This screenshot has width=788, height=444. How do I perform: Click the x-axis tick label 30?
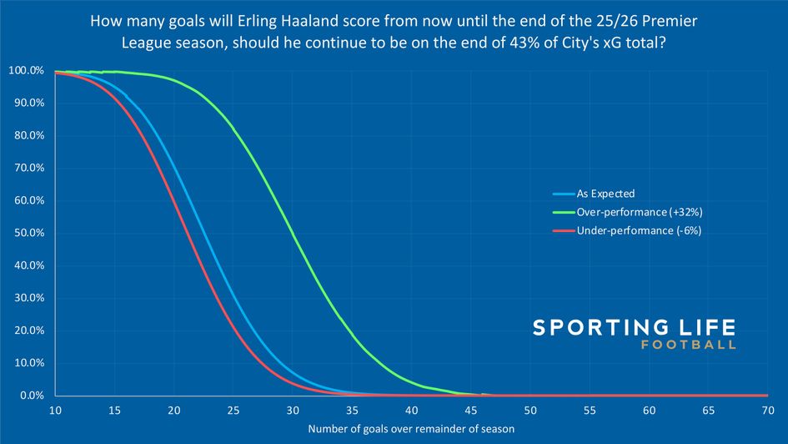[x=293, y=411]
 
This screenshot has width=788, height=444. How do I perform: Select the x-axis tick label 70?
[x=766, y=411]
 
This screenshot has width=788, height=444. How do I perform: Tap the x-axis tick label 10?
[x=56, y=411]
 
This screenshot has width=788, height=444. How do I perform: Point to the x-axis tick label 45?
[x=470, y=411]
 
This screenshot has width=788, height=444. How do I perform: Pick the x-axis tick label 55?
[x=589, y=411]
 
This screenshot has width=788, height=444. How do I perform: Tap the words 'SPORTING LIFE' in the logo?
[x=634, y=327]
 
